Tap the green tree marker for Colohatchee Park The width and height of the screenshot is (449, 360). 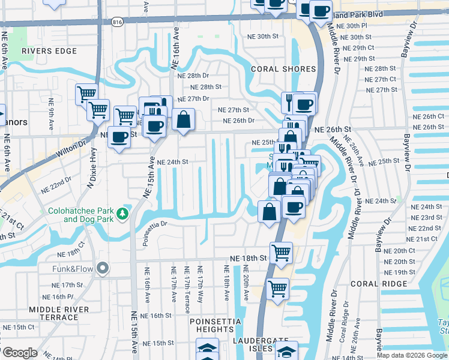coord(123,214)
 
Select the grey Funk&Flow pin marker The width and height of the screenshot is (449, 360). coord(103,268)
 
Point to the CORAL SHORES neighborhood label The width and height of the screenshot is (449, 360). coord(283,69)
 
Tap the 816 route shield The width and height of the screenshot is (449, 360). coord(118,22)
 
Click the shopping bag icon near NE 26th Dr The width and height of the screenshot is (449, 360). coord(184,119)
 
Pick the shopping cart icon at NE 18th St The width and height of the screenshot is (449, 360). coord(281,253)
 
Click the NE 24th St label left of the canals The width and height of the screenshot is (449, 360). coord(173,162)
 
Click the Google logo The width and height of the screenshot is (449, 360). coord(20,353)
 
